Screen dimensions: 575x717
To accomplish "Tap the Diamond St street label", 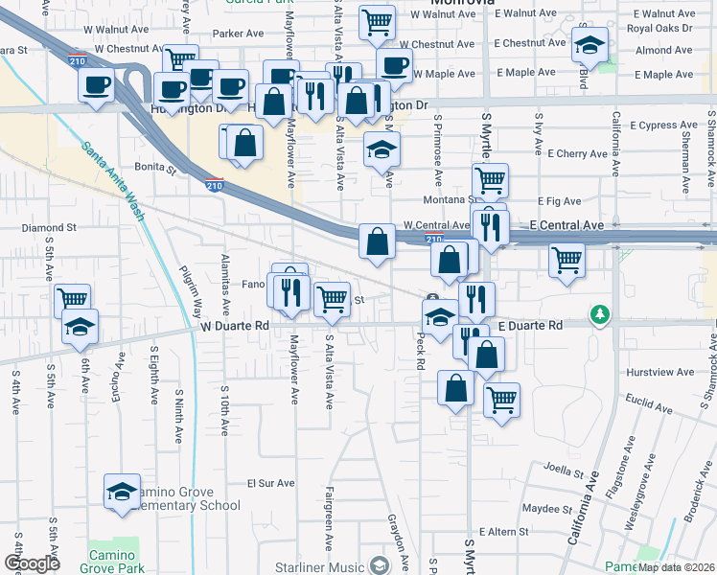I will click(x=48, y=228).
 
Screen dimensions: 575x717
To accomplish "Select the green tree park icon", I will click(x=600, y=314).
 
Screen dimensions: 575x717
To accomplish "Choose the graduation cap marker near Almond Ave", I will click(x=590, y=44).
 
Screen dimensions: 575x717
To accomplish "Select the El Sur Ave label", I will click(x=267, y=484).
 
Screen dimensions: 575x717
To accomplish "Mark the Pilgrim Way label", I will click(x=197, y=293).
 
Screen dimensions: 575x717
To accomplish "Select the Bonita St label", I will click(x=155, y=166).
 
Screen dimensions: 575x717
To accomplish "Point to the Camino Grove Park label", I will click(x=115, y=561).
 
